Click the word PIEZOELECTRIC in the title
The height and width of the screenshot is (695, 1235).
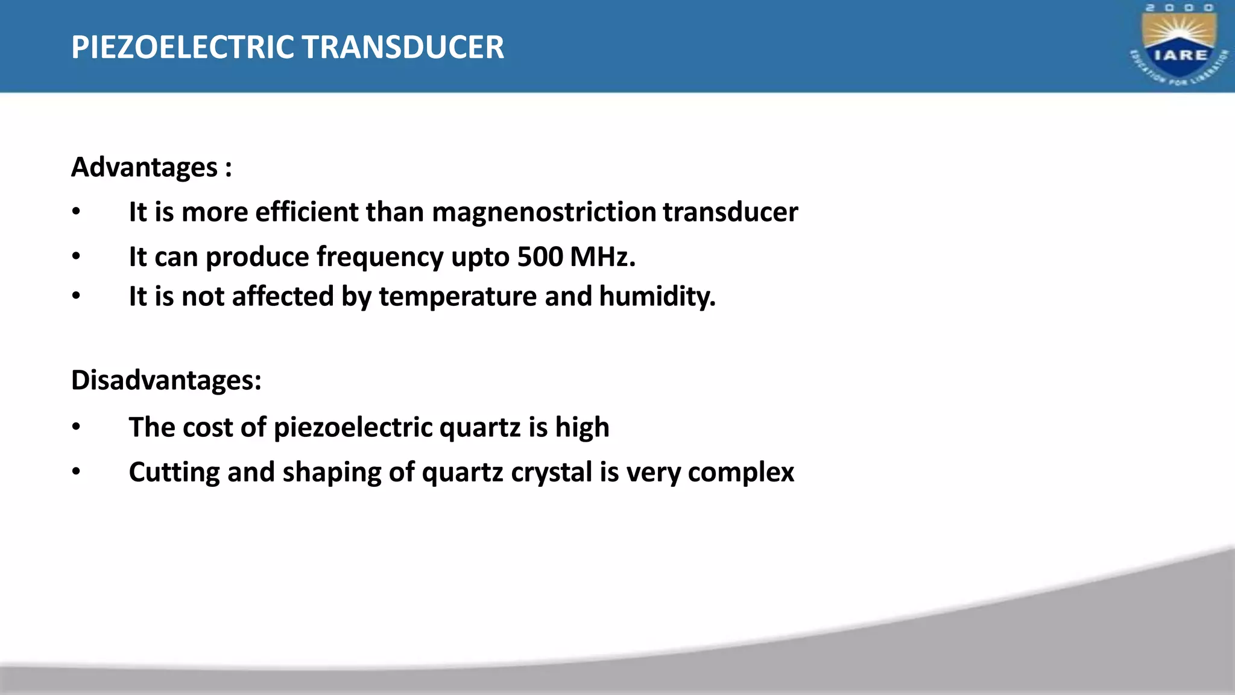point(183,47)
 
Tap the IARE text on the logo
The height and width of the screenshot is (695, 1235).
point(1180,55)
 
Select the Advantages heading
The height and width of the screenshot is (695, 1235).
point(144,167)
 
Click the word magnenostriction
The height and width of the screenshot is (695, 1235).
point(544,212)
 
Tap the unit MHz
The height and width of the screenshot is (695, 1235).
point(602,256)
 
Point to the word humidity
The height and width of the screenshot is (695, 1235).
point(657,296)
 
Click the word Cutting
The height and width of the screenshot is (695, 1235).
point(174,472)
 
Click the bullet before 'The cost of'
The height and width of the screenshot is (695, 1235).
point(76,427)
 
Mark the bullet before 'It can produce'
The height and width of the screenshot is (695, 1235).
point(76,257)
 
